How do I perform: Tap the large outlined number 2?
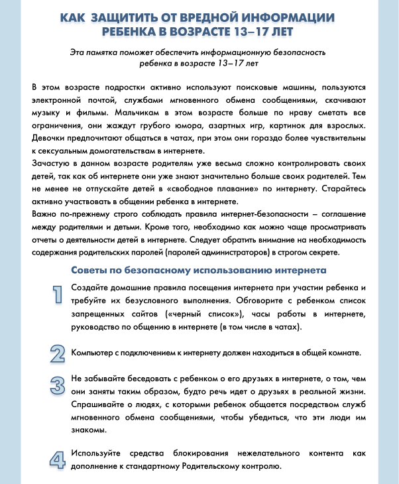(58, 353)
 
